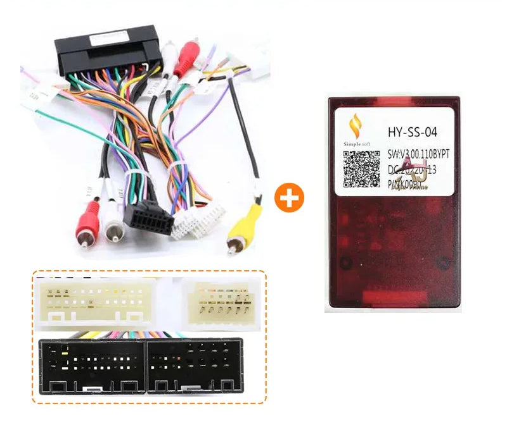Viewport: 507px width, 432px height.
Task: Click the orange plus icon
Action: pyautogui.click(x=289, y=199)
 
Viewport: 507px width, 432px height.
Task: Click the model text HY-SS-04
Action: pyautogui.click(x=411, y=132)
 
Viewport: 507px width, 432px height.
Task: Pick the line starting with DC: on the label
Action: pyautogui.click(x=412, y=171)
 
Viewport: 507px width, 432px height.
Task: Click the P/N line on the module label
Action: pyautogui.click(x=409, y=185)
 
